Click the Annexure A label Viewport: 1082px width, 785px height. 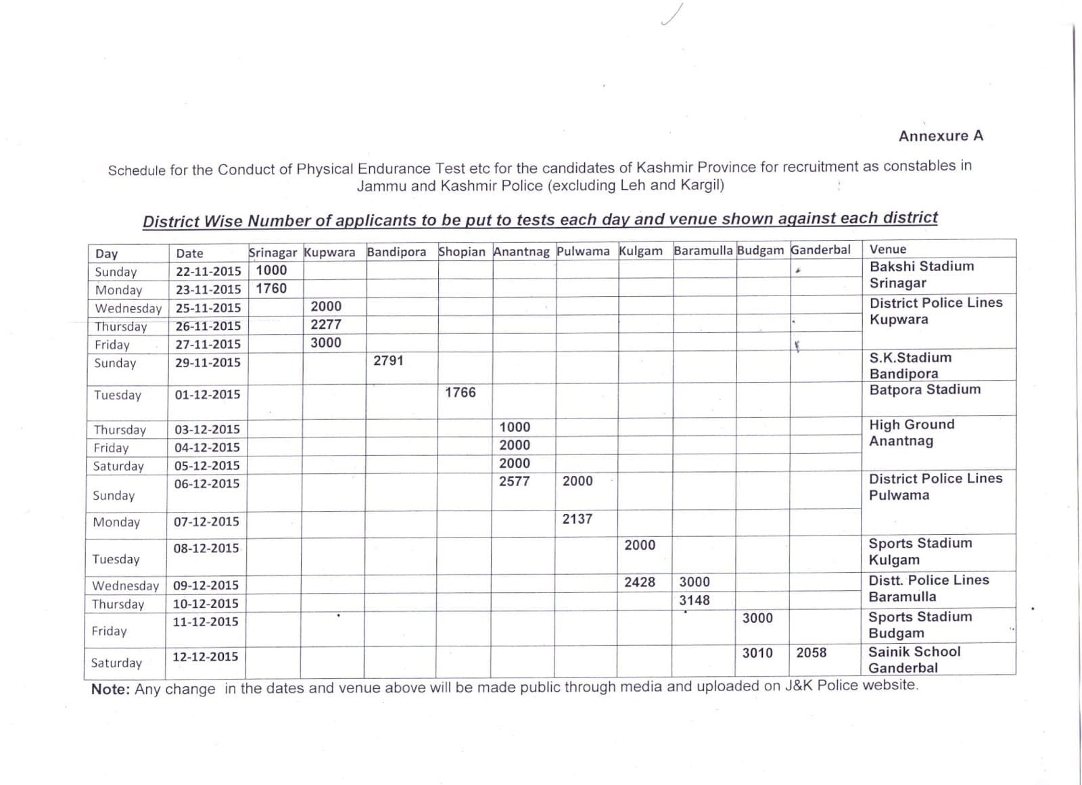click(x=940, y=136)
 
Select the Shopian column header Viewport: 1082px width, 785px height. click(x=461, y=252)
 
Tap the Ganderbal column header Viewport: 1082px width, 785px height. click(x=820, y=249)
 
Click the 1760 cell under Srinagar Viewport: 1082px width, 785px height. click(x=271, y=288)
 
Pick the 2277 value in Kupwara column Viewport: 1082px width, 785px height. click(x=325, y=325)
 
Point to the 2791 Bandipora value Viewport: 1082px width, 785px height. click(x=388, y=360)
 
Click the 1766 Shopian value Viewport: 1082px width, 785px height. click(x=460, y=392)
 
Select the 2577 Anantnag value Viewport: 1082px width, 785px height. click(x=514, y=481)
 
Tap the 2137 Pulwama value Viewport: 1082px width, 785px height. click(x=577, y=519)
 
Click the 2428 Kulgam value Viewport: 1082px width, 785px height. click(x=639, y=581)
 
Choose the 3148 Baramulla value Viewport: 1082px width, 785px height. click(x=694, y=600)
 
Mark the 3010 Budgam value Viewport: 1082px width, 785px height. click(x=757, y=652)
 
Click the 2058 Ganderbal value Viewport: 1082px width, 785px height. click(x=811, y=652)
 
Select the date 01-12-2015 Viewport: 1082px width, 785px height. click(x=207, y=394)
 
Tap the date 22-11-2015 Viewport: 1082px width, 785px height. click(x=208, y=271)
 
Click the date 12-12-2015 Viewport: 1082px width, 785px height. click(x=205, y=657)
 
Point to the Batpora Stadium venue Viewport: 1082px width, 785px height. click(x=924, y=389)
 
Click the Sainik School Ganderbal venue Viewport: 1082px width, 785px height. click(x=913, y=659)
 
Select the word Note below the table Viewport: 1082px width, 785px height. click(x=110, y=690)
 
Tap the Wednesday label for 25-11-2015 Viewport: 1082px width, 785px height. click(x=128, y=308)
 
